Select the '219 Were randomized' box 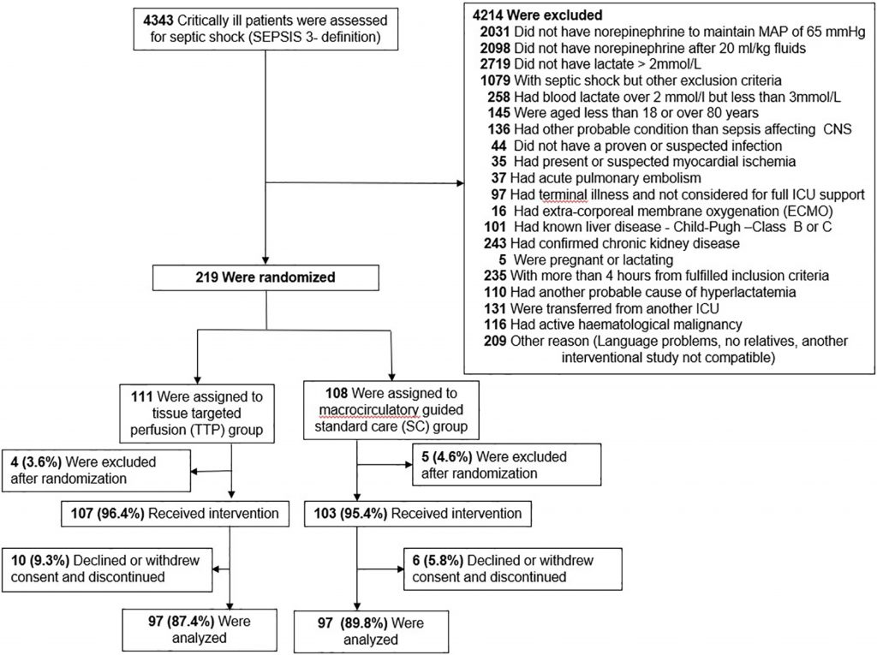click(266, 277)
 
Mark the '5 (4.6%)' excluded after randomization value click(431, 457)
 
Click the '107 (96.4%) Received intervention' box click(170, 514)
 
